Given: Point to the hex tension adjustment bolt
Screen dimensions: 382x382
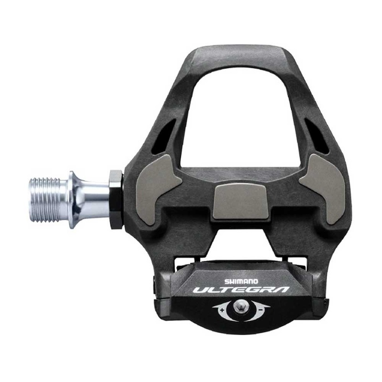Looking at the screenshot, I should [241, 307].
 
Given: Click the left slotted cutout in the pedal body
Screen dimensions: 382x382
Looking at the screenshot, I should [164, 136].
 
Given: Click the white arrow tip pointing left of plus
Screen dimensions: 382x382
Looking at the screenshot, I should [213, 306].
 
